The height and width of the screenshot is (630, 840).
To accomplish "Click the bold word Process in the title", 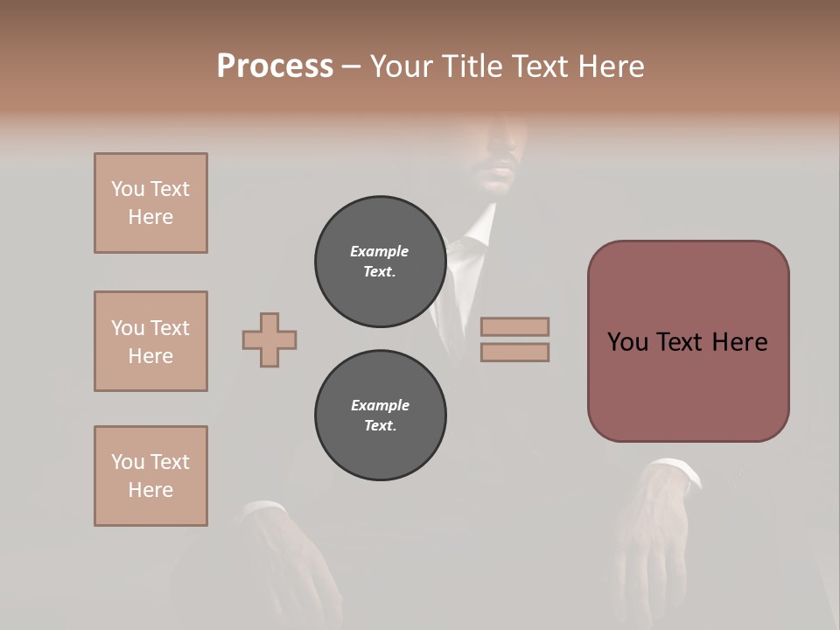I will point(275,66).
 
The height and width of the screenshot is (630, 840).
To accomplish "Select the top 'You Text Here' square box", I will point(150,203).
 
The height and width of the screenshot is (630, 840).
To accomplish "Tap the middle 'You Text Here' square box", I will point(150,341).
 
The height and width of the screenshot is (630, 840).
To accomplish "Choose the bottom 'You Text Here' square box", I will point(150,476).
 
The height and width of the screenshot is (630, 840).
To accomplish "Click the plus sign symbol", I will point(269,339).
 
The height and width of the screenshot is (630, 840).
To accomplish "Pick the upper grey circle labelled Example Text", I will point(380,262).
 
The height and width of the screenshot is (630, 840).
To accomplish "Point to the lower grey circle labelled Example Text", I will point(380,416).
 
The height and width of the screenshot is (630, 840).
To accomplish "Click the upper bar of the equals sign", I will point(514,326).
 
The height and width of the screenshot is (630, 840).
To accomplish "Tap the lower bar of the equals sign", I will point(514,353).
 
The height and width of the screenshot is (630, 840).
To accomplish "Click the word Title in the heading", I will point(473,66).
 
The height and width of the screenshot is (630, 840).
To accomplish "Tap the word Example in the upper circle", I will point(379,251).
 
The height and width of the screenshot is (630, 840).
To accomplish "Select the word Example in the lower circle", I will point(380,405).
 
